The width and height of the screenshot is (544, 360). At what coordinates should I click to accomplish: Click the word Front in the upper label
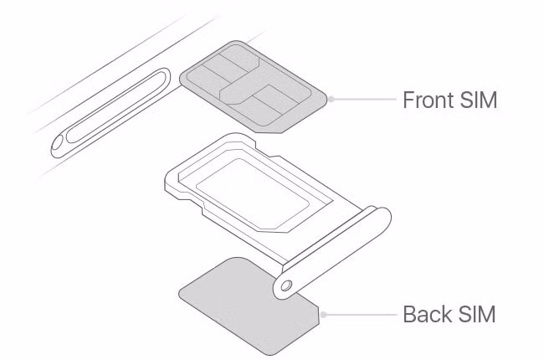pos(429,100)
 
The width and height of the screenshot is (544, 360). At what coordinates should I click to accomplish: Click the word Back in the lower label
pos(428,315)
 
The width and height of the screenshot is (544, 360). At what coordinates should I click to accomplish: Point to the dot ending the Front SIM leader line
pos(331,100)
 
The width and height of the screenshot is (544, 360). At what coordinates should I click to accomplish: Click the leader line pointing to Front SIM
pos(364,100)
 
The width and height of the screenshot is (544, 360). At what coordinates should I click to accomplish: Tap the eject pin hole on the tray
pos(287,285)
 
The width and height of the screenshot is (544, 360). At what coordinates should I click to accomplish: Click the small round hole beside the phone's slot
pos(59,145)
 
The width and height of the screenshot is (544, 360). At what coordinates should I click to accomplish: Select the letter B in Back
pos(409,315)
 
